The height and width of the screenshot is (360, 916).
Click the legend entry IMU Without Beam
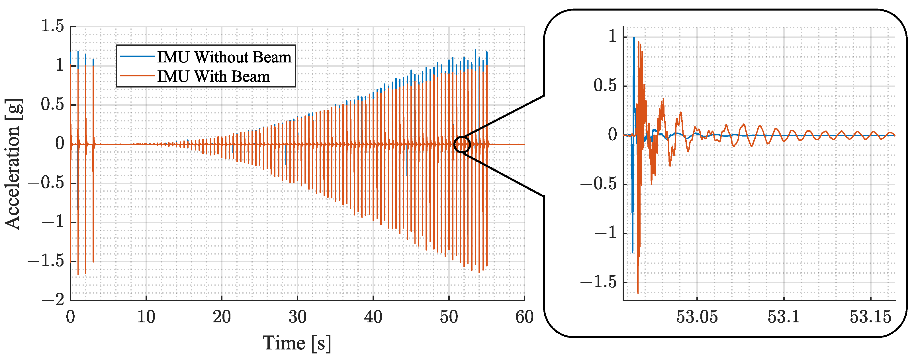224,57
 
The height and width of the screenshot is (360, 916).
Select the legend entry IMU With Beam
213,76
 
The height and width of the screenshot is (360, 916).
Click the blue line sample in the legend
137,56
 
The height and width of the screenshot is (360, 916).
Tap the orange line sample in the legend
137,76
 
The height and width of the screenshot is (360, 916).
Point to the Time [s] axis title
297,343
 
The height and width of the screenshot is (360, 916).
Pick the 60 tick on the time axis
524,317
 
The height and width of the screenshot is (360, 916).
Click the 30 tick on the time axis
297,317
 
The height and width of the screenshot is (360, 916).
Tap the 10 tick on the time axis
146,317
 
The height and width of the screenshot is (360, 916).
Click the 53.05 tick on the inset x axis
697,317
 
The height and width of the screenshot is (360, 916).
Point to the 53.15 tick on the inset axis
870,317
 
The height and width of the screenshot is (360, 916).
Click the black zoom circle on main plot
462,145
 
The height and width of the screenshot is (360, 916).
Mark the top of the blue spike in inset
634,37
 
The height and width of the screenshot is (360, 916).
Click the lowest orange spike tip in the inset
637,293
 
